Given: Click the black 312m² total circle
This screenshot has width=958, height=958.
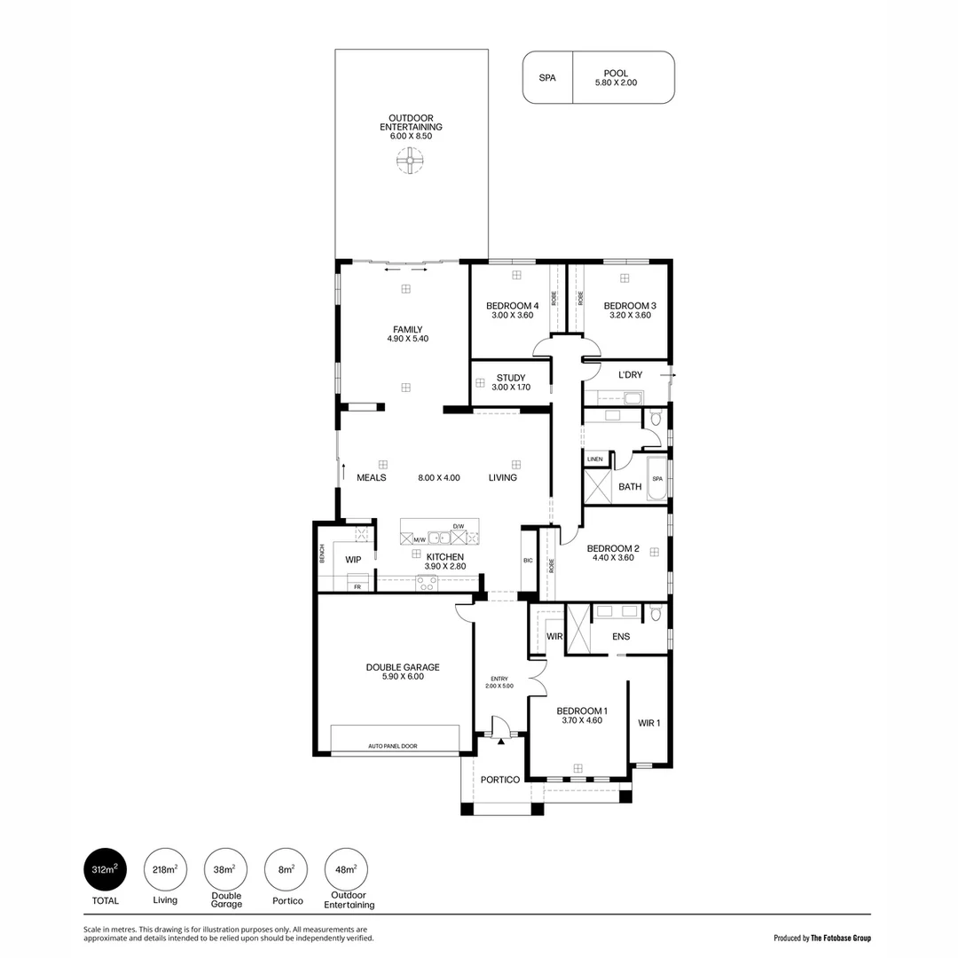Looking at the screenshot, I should pos(105,869).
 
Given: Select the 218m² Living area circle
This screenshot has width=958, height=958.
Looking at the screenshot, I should pos(165,869).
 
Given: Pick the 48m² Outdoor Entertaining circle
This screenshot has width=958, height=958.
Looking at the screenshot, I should pos(347,869).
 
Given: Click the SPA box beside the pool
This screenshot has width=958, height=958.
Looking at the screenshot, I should pos(547,78).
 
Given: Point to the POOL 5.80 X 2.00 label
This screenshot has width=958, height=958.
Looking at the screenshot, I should pos(616,78).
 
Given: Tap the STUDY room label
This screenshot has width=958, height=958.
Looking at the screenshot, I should pos(511,378).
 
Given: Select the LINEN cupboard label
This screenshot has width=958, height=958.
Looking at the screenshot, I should pos(594,459).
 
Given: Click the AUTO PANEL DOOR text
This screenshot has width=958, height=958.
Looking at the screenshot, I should pos(392,747).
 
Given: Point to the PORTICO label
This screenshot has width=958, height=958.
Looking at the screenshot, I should pos(499,780).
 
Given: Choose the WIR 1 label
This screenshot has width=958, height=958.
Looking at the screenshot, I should pos(648,723).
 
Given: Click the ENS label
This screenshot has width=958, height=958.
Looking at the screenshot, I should pos(621,636).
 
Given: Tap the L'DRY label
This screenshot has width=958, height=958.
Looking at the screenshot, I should pos(630,375).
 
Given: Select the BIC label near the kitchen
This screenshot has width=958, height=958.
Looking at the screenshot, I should pos(529,560).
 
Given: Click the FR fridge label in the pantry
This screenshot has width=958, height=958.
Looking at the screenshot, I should pos(357,586).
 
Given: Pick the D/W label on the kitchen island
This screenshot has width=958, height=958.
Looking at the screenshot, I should pos(458,527).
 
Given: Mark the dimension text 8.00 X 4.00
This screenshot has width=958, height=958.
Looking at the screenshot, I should pos(439,478).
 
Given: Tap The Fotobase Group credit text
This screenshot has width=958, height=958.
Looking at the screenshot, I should pos(840,938).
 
